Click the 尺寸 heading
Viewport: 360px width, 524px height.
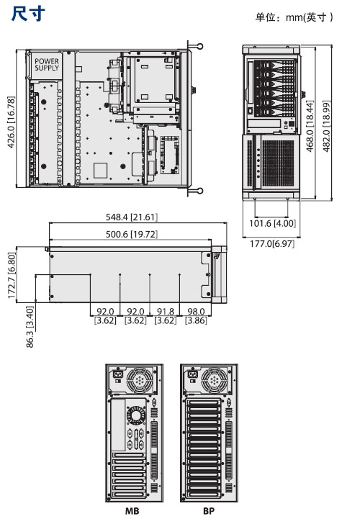click(28, 14)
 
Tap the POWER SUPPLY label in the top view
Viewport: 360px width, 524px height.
click(47, 65)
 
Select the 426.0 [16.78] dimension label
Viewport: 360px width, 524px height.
click(11, 122)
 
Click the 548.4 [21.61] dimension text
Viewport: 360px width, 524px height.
click(131, 217)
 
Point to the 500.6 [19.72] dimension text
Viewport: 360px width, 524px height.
click(131, 234)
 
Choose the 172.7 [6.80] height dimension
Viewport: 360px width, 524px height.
click(12, 276)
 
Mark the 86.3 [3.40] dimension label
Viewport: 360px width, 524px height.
click(30, 327)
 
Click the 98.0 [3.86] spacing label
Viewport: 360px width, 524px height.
click(197, 316)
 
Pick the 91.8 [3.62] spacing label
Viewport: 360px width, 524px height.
click(166, 316)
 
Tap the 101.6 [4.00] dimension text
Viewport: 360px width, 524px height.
click(272, 223)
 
